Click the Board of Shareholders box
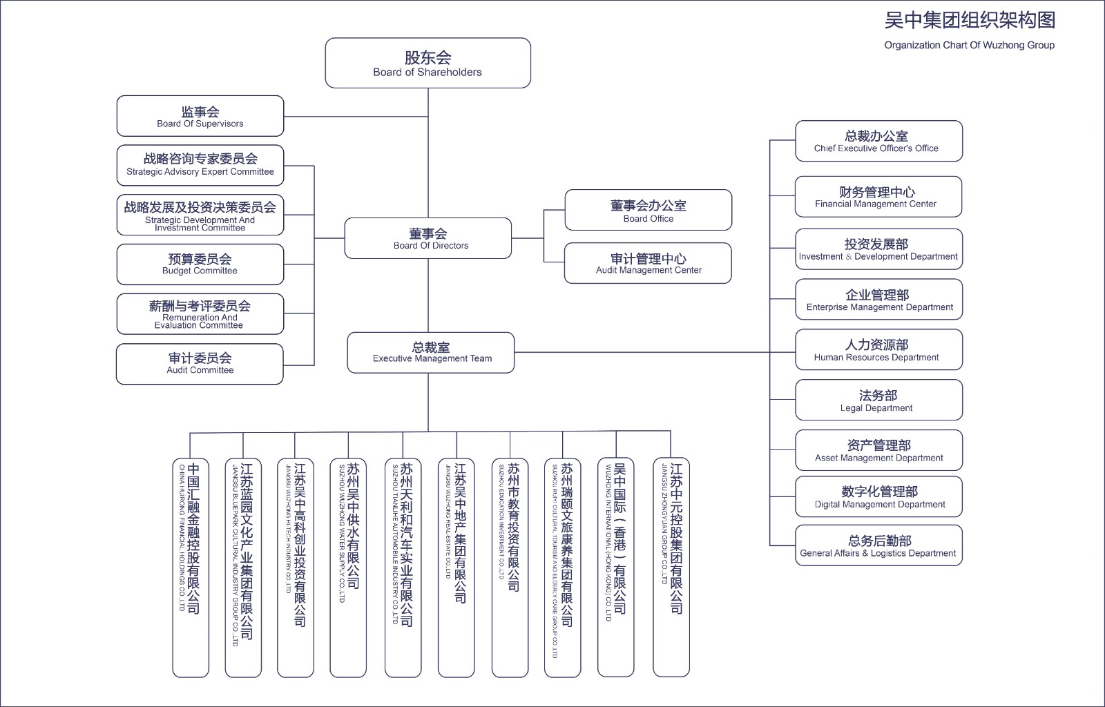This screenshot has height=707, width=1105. click(427, 63)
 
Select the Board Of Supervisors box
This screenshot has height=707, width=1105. click(200, 116)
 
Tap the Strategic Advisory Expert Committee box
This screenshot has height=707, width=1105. click(200, 165)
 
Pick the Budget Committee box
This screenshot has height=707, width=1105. click(200, 264)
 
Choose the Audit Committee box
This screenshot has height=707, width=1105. click(200, 363)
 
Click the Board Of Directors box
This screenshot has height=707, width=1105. click(428, 238)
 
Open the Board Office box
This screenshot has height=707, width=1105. click(648, 210)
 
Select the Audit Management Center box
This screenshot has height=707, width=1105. click(648, 263)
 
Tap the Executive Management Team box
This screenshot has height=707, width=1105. click(431, 352)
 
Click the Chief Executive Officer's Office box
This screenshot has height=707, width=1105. click(878, 141)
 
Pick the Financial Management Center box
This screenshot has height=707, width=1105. click(878, 197)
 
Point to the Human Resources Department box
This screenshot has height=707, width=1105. click(878, 349)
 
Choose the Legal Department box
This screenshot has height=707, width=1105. click(878, 400)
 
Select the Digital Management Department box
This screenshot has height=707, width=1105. click(878, 496)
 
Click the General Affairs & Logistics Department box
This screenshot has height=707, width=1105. click(878, 545)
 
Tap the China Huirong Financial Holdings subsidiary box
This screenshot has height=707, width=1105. click(190, 567)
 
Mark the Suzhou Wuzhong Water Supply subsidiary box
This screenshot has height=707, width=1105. click(348, 567)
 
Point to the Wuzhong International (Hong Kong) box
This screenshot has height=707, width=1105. click(615, 567)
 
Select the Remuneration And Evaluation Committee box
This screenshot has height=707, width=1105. click(200, 314)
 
